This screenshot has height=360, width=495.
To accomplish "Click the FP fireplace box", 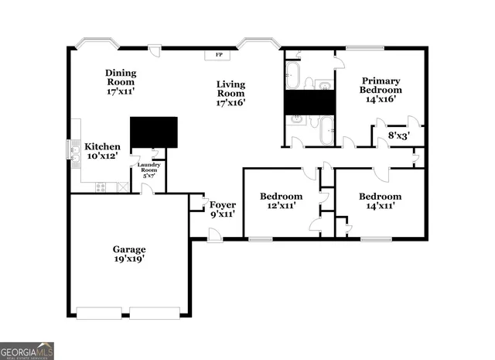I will [218, 55].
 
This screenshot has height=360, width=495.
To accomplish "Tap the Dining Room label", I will [120, 81].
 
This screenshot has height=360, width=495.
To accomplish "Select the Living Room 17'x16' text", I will [230, 93].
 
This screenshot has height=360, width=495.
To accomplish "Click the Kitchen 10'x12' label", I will [102, 151].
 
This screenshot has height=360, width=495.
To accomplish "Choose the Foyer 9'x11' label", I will [223, 209].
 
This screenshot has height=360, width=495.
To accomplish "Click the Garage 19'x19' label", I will [129, 254].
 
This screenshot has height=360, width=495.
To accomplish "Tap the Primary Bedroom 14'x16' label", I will [381, 89].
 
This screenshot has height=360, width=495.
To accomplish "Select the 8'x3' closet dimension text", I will [398, 135].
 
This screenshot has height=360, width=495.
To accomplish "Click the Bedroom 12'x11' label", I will [281, 201].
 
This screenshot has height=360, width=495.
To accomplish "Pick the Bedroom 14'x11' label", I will [380, 201].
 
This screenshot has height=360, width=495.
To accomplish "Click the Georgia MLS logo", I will [27, 351].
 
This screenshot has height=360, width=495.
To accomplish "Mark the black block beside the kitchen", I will [154, 132].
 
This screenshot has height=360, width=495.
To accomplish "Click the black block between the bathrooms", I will [309, 101].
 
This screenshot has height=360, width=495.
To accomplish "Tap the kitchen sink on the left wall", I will [75, 152].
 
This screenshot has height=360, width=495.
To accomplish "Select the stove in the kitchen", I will [101, 187].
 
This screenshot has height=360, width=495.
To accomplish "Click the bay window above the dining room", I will [96, 43].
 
